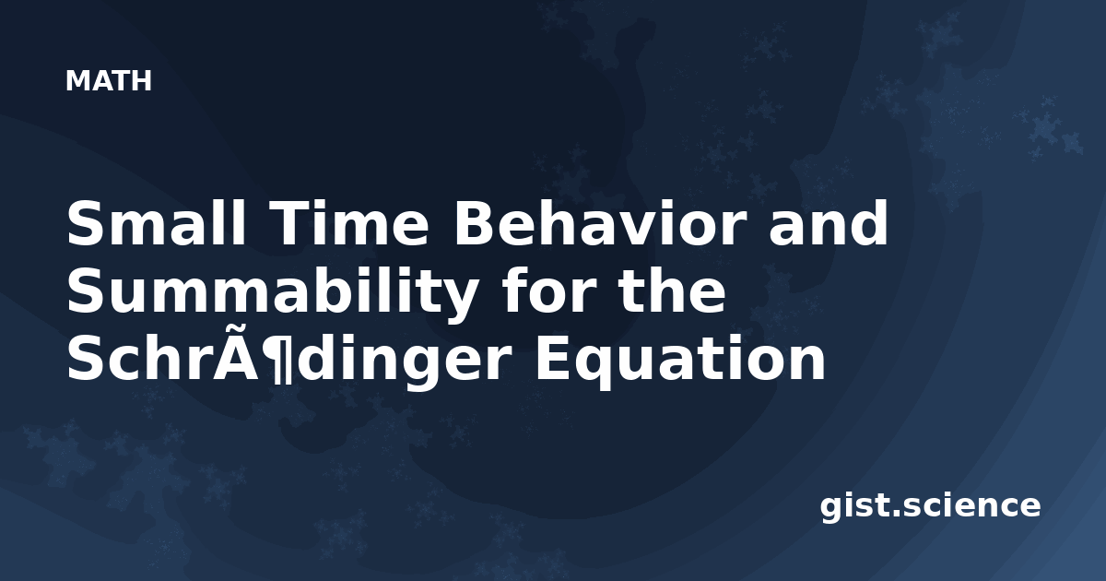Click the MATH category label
pyautogui.click(x=109, y=80)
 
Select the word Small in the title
pyautogui.click(x=156, y=223)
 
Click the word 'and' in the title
pyautogui.click(x=829, y=223)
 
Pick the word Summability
pyautogui.click(x=272, y=291)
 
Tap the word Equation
pyautogui.click(x=681, y=360)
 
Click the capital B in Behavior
pyautogui.click(x=473, y=224)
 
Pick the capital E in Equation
pyautogui.click(x=554, y=359)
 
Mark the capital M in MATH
pyautogui.click(x=76, y=80)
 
